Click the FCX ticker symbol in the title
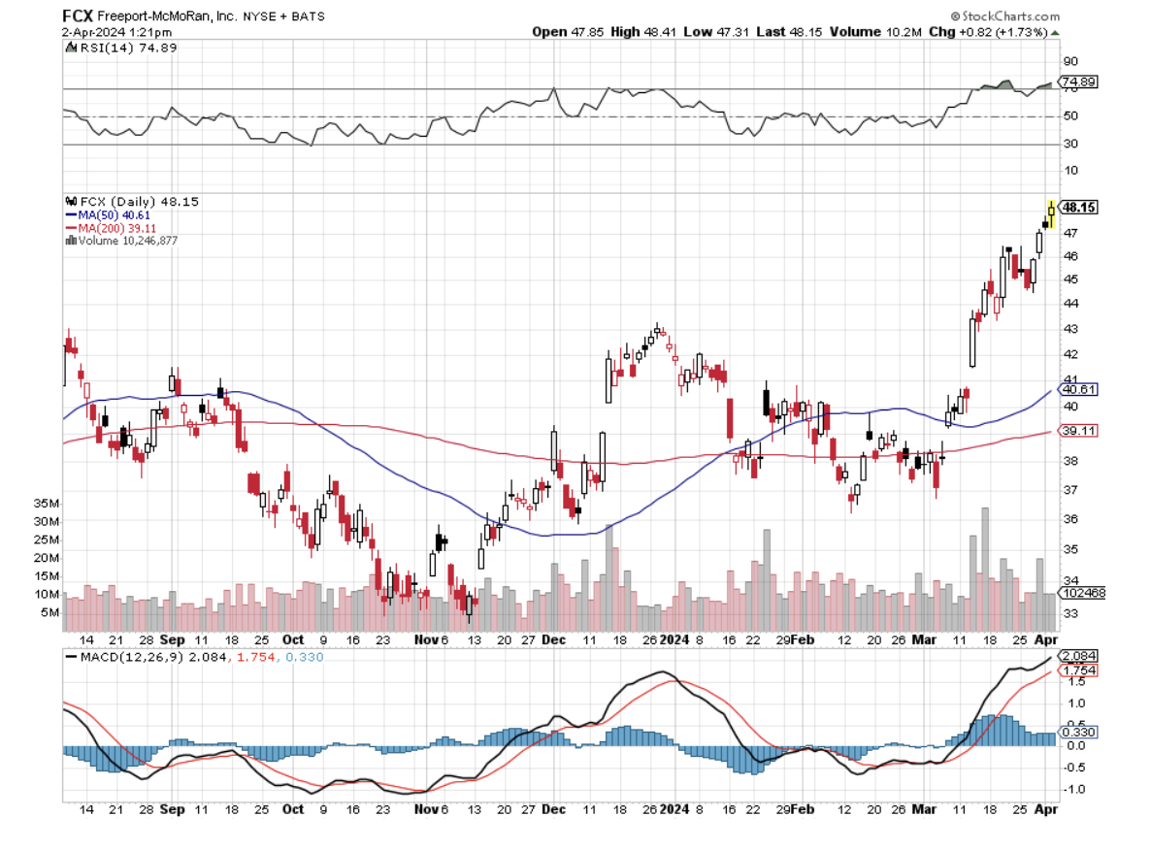coord(77,16)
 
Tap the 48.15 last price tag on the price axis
coord(1079,207)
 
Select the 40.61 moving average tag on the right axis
coord(1078,390)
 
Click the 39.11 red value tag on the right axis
coord(1078,432)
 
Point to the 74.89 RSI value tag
coord(1079,82)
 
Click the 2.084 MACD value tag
coord(1078,656)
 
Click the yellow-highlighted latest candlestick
coord(1051,212)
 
